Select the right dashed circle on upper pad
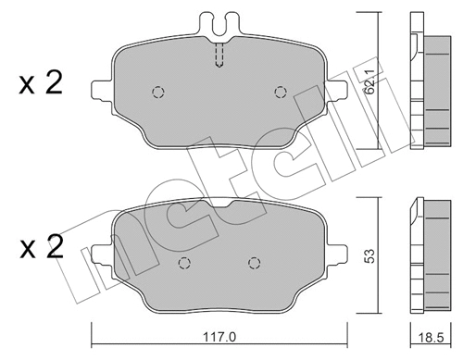coord(280,92)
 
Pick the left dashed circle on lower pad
coord(183,262)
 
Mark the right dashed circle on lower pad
coord(252,262)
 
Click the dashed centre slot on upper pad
coord(219,56)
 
